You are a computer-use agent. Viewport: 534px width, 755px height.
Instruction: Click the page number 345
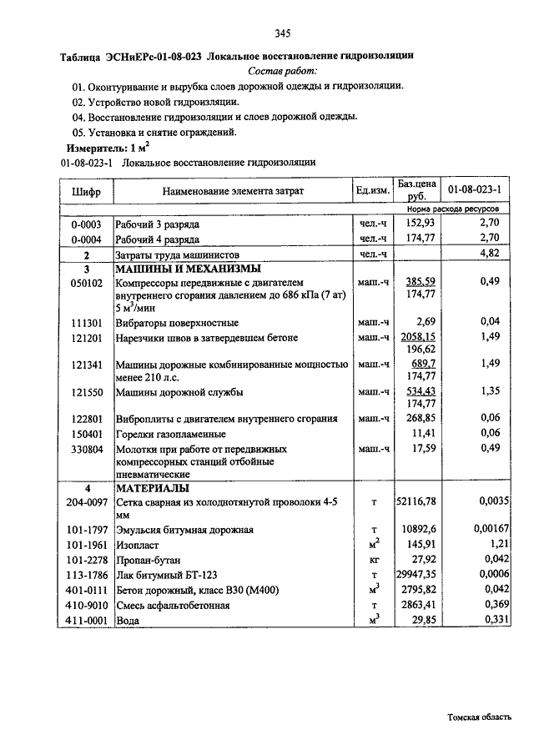click(281, 34)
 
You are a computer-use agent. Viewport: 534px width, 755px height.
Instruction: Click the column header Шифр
click(86, 191)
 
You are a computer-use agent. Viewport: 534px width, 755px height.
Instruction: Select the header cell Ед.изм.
click(373, 191)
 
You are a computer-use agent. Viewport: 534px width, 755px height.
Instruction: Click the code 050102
click(86, 283)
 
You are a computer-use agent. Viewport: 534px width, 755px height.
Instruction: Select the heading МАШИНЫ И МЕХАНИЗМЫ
click(188, 269)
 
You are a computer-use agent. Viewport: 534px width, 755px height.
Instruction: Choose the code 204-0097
click(87, 501)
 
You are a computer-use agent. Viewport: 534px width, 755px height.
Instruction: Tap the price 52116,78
click(417, 501)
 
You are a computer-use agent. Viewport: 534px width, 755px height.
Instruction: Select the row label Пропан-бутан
click(148, 560)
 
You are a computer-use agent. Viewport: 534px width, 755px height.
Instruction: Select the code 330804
click(86, 449)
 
